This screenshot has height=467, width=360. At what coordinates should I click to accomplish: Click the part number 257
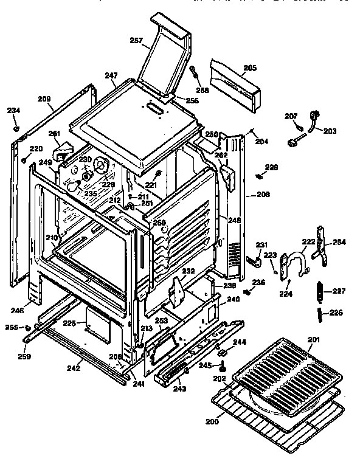click(136, 41)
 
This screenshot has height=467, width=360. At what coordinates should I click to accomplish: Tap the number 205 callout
click(249, 67)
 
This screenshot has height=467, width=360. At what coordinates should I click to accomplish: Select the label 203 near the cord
click(329, 131)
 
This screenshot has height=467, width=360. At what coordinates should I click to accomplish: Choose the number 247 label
click(111, 76)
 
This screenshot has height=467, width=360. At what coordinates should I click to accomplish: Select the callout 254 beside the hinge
click(339, 243)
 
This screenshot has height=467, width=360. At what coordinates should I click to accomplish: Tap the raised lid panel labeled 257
click(164, 55)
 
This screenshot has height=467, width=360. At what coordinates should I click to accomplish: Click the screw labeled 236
click(247, 292)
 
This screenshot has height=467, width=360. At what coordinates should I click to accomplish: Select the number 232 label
click(189, 271)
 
